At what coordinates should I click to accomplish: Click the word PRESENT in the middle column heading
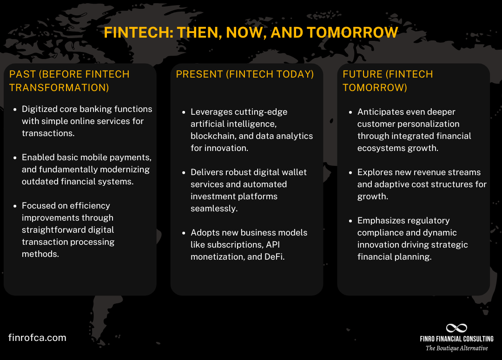199,74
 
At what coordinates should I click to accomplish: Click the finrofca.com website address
37,338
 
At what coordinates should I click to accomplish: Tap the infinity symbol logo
456,328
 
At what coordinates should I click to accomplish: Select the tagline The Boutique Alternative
456,348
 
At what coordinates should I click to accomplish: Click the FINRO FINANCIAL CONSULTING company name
456,339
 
